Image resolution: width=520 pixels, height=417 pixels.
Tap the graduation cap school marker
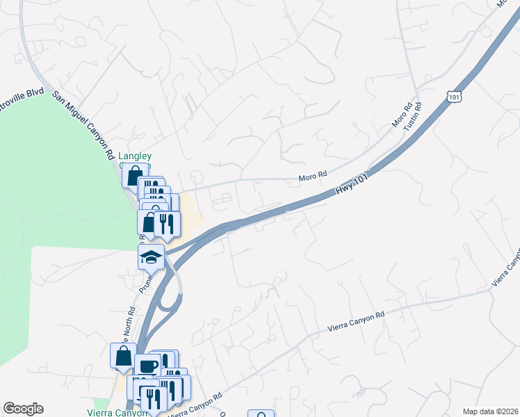(x=151, y=257)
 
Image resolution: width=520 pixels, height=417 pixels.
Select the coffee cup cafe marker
(x=147, y=367)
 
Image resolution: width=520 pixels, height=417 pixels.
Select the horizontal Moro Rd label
(x=312, y=178)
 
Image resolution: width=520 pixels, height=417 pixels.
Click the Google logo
(x=23, y=409)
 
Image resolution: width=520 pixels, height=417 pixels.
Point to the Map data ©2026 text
(x=490, y=411)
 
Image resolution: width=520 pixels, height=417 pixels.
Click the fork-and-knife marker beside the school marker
(x=166, y=224)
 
